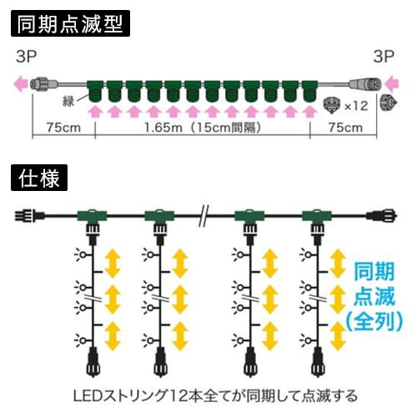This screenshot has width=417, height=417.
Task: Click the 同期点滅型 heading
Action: [70, 23]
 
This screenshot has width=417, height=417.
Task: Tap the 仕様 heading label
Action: [39, 178]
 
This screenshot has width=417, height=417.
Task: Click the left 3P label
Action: [27, 57]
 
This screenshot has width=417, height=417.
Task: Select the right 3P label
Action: [384, 57]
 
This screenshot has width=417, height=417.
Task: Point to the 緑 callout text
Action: [68, 102]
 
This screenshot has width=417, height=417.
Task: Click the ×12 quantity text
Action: [356, 106]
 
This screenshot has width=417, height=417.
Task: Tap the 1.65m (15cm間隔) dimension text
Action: [203, 128]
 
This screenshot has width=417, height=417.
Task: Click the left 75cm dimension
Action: [63, 128]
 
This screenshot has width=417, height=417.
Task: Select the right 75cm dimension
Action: [345, 128]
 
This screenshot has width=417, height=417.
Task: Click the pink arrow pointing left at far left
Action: [21, 84]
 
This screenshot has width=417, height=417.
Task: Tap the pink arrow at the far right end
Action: [392, 84]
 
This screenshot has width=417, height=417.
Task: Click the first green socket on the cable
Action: [95, 92]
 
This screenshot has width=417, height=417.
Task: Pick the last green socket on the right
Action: [309, 92]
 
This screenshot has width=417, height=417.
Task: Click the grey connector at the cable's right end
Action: [364, 83]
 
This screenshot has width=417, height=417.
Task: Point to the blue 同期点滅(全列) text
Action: [374, 297]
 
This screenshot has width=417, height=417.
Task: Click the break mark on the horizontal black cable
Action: [204, 216]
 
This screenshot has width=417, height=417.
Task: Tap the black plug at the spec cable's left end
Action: [29, 216]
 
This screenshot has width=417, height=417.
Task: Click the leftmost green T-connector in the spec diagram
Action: [92, 216]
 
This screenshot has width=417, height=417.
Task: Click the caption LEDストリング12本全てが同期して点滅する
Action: [215, 395]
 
